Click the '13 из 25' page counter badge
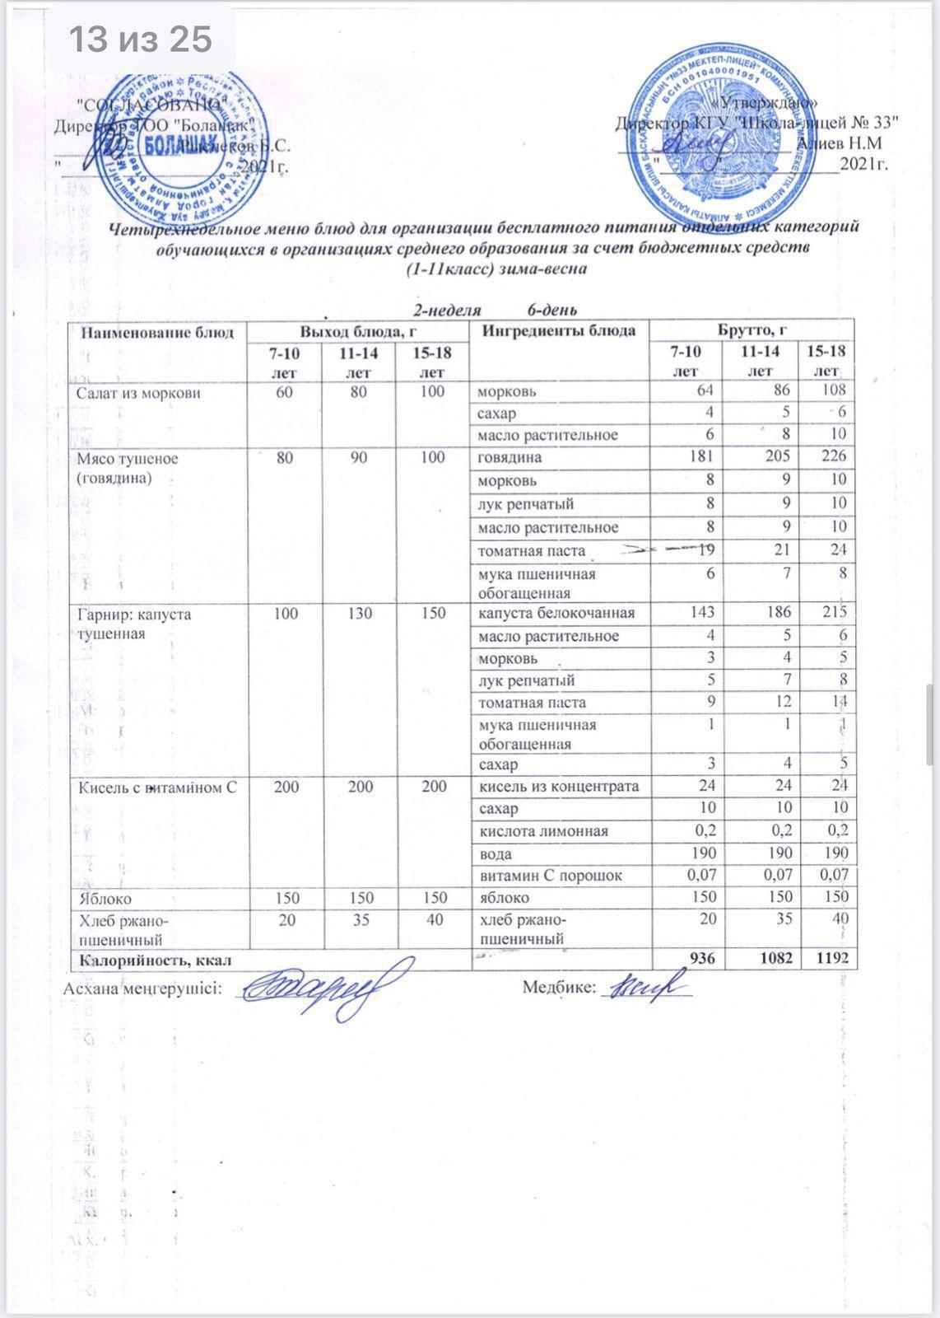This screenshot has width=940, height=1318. pos(139,39)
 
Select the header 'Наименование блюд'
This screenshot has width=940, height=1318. pos(157,332)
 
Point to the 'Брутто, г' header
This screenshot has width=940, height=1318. pos(753,331)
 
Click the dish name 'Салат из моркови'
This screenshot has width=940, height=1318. pos(138,393)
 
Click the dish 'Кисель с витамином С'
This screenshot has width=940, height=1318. pos(157,787)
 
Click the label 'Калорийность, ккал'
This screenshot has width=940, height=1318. pos(154,959)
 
